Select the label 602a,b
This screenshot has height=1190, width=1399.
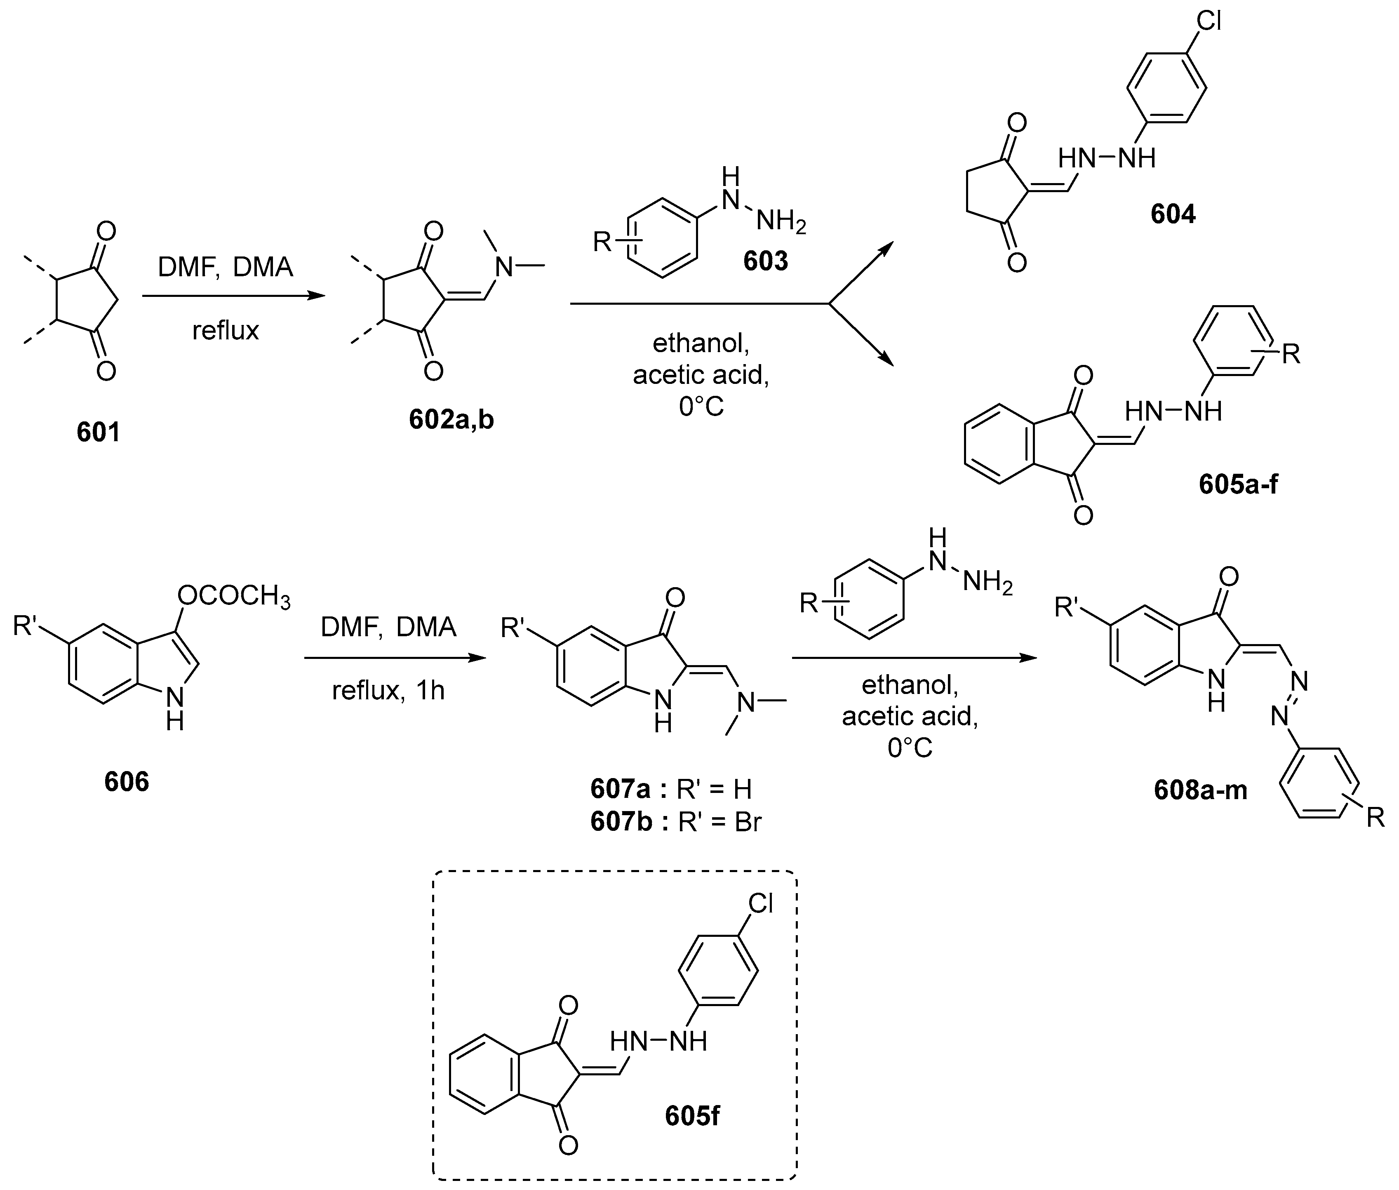click(451, 420)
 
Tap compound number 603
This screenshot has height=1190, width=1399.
click(766, 261)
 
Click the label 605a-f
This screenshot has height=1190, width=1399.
click(1238, 484)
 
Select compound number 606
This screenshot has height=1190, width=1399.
click(126, 782)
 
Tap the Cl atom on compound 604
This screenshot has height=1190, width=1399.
click(1209, 21)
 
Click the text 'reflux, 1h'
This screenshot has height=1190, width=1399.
click(388, 690)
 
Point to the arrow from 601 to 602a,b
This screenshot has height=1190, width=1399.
click(233, 296)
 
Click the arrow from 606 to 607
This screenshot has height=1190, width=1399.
click(395, 658)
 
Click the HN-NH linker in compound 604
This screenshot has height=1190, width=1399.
click(1106, 158)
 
